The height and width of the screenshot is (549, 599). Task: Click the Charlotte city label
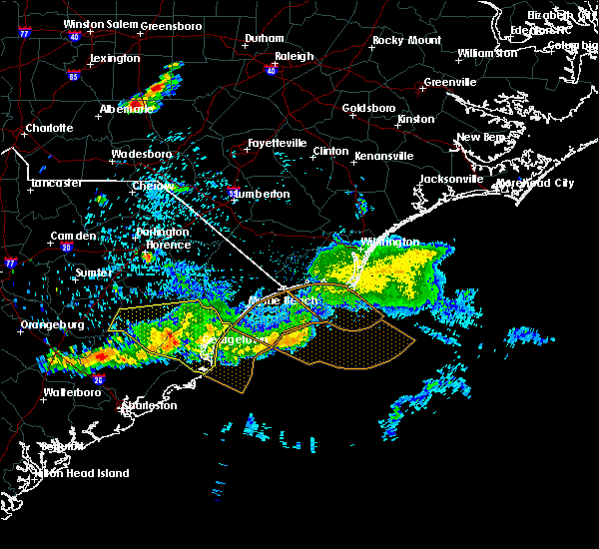(50, 128)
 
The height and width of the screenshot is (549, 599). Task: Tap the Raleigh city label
(295, 58)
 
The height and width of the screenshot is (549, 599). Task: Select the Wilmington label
(390, 242)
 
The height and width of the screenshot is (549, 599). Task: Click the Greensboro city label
(173, 26)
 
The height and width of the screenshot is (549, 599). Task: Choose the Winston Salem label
(98, 24)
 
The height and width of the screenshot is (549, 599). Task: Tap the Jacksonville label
(451, 179)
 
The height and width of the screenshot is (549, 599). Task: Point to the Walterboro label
(75, 392)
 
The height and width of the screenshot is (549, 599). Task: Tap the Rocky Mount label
(406, 41)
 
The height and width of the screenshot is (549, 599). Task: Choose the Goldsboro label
(368, 108)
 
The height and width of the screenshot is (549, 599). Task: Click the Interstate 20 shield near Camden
(66, 247)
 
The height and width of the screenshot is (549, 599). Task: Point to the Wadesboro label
(142, 154)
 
